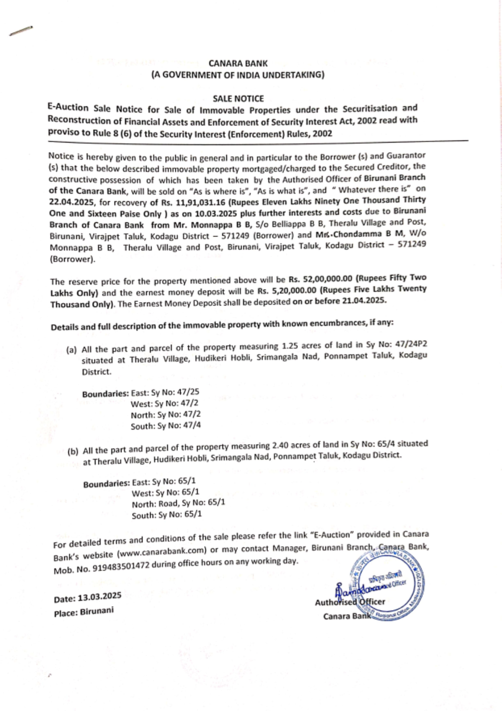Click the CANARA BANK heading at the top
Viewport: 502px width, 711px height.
238,64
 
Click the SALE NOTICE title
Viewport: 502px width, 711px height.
238,99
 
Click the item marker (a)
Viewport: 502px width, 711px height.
71,349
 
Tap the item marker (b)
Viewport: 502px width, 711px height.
73,451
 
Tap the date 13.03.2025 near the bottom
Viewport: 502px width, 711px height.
99,597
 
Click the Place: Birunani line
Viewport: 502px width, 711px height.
84,612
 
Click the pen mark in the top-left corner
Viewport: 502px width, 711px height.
21,31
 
